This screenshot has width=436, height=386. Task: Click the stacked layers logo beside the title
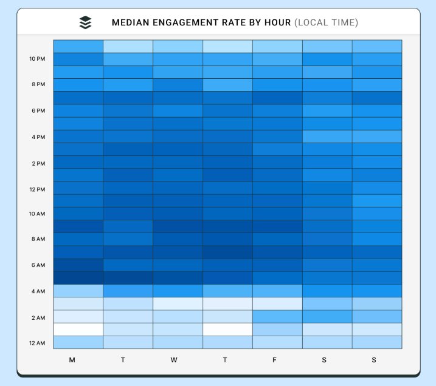coord(86,22)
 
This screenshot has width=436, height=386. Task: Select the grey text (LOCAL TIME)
coord(326,23)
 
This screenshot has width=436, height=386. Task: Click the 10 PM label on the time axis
coord(36,59)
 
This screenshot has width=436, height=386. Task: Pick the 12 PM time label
coord(36,189)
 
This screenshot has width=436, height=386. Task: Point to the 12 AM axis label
coord(36,343)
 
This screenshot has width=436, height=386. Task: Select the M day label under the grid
coord(72,360)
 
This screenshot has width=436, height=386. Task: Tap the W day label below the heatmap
coord(174,360)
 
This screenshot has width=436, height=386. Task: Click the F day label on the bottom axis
coord(275,360)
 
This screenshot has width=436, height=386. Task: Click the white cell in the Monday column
coord(78,330)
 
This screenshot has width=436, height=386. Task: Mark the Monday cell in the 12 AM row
coord(78,342)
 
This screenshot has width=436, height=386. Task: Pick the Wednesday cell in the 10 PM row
coord(178,59)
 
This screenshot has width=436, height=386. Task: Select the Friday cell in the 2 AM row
coord(277,316)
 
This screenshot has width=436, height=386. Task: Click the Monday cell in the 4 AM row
coord(78,291)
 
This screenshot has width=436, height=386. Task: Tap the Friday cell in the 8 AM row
coord(277,239)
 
